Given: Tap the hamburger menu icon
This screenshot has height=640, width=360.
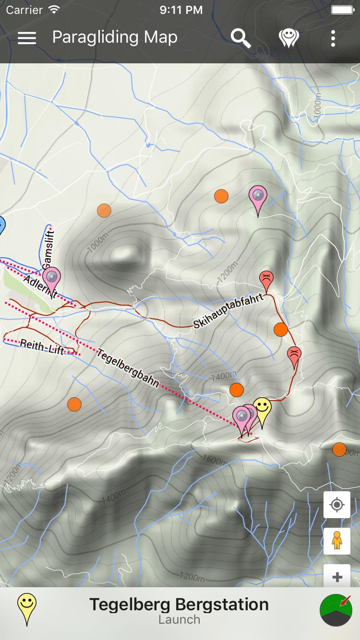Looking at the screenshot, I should (27, 38).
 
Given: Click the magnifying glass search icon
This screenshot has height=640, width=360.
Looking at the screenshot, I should (241, 38).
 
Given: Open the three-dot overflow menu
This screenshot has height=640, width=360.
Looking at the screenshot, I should (333, 38).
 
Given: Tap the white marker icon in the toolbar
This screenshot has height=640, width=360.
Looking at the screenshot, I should (288, 38).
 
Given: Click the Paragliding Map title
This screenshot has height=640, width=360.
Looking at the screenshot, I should (115, 37).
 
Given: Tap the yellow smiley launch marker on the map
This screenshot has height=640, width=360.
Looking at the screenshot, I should (262, 408).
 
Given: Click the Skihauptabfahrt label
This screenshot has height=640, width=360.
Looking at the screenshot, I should (229, 311).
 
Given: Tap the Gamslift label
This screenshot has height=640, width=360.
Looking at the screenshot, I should (49, 249).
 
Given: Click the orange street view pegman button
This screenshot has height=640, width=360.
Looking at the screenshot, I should (337, 541).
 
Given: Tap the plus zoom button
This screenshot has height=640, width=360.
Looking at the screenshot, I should (337, 576).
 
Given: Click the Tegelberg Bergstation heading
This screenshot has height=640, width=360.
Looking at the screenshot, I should (179, 604).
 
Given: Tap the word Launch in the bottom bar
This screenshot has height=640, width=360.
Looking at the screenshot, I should (179, 620).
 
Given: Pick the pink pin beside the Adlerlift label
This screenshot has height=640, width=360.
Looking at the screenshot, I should (51, 278).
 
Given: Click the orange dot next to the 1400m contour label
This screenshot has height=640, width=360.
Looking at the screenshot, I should (237, 390).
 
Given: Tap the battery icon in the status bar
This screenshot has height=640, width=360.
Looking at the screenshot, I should (342, 10).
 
